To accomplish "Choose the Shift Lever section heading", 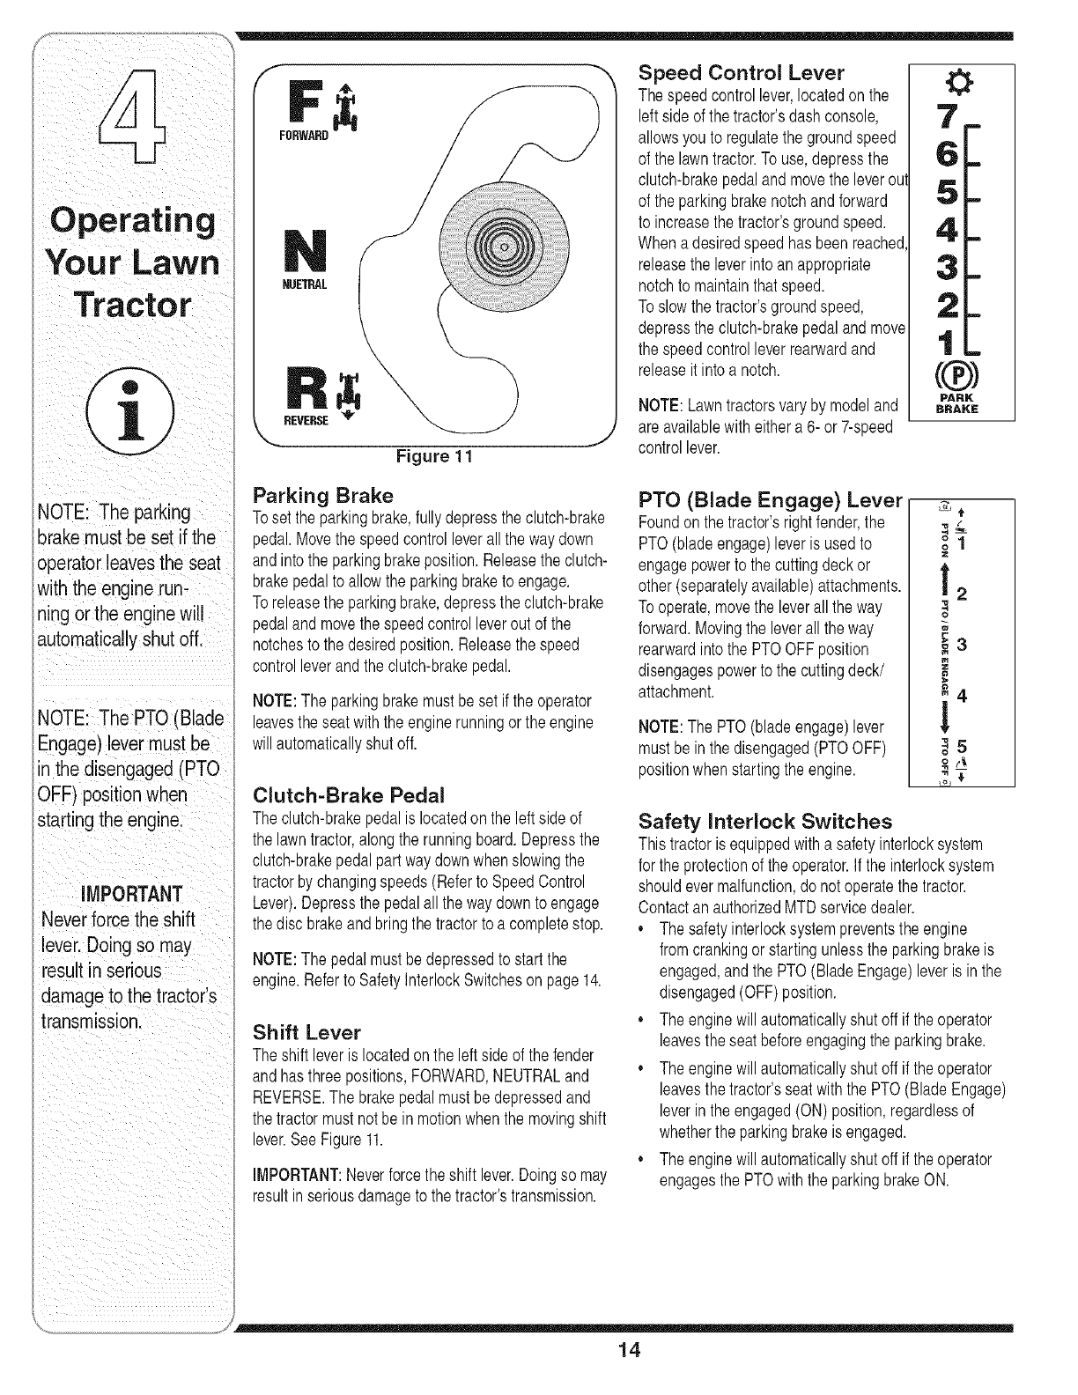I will [x=306, y=1031].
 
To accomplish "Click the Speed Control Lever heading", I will [x=741, y=72].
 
